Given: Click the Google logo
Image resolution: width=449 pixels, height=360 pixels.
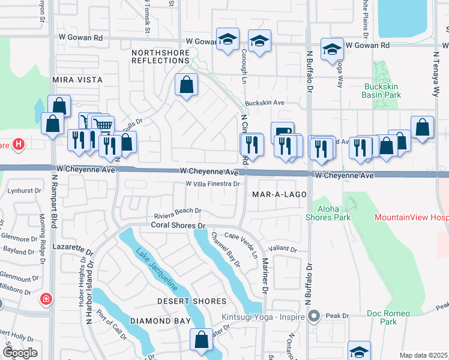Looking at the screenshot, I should click(x=20, y=353).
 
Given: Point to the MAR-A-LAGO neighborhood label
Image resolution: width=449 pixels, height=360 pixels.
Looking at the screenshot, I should click(x=280, y=195).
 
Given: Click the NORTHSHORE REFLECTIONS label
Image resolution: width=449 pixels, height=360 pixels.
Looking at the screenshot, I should click(x=160, y=57).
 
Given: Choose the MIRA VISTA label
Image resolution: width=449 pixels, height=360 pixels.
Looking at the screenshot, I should click(x=77, y=80).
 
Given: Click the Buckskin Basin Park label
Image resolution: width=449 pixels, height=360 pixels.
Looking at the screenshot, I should click(x=382, y=91).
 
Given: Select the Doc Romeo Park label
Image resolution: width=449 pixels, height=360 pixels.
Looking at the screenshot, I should click(x=388, y=317).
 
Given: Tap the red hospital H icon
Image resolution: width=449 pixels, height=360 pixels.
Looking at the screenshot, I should click(x=19, y=145).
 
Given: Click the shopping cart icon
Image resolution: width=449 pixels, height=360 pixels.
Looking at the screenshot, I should click(x=103, y=126).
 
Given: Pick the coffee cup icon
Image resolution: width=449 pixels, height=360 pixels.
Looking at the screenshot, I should click(x=282, y=131).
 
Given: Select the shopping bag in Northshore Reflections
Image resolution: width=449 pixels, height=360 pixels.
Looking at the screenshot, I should click(x=187, y=85).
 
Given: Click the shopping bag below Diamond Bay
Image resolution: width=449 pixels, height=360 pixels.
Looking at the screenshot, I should click(x=201, y=340).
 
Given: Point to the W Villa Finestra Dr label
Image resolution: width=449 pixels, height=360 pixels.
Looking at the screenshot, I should click(x=212, y=184).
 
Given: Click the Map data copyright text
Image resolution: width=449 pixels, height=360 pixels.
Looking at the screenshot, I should click(x=424, y=355).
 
